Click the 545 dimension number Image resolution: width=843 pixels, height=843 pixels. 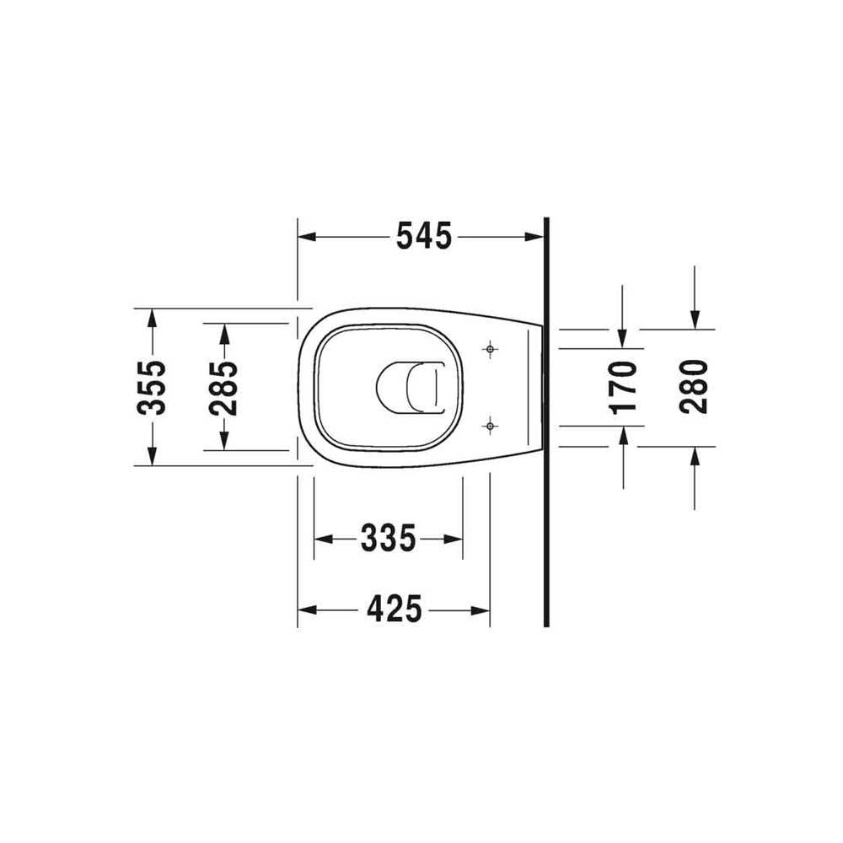point(424,237)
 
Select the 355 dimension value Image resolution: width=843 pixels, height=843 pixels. point(152,388)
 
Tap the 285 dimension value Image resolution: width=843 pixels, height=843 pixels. point(223,388)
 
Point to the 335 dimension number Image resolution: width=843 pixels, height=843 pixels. point(388,538)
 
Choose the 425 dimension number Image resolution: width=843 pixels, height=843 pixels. point(395,609)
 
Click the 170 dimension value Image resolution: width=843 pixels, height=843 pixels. point(623,388)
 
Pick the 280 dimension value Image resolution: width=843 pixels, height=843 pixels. point(694,387)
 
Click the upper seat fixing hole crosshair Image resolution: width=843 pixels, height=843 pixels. point(489,350)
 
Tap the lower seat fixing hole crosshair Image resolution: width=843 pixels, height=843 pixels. point(489,427)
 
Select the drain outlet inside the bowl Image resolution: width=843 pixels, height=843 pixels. point(411,388)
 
